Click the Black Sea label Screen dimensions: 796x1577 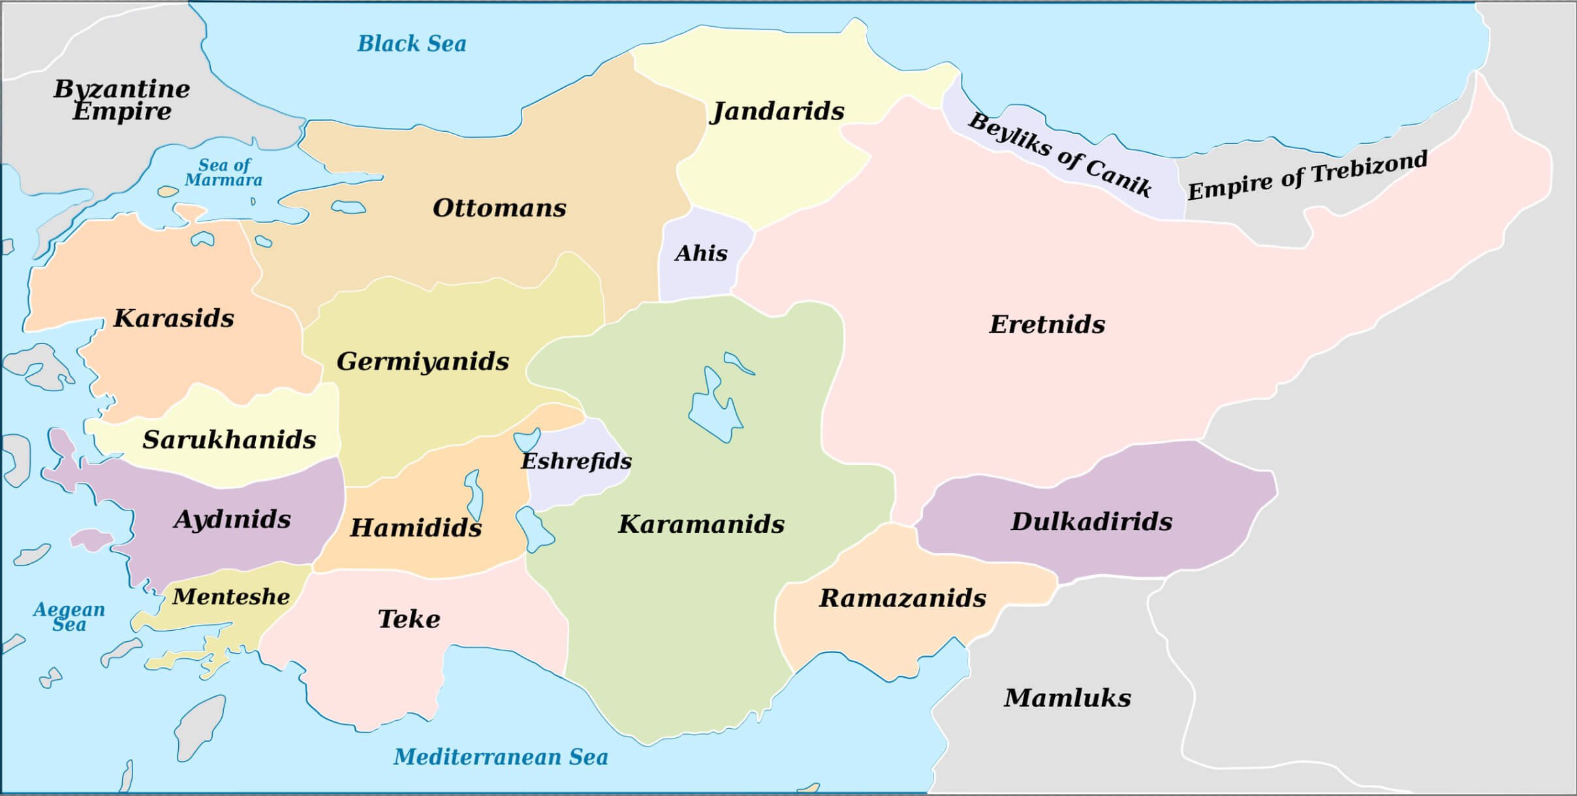tap(412, 44)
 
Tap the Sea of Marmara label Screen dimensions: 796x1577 tap(224, 172)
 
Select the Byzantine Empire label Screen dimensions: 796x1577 tap(122, 99)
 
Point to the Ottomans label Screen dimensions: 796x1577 tap(499, 208)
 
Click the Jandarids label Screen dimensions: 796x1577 tap(777, 112)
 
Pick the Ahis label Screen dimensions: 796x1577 tap(701, 253)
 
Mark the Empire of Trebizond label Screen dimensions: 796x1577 tap(1307, 176)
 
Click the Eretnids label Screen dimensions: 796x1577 tap(1047, 325)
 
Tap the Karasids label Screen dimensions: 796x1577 tap(174, 319)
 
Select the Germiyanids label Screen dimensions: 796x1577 tap(422, 362)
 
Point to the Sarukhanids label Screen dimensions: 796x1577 tap(229, 440)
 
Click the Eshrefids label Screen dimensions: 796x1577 tap(576, 462)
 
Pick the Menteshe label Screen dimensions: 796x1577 tap(231, 597)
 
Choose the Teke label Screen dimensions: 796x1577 tap(409, 619)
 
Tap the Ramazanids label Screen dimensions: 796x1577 tap(902, 598)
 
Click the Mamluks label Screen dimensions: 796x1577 tap(1067, 698)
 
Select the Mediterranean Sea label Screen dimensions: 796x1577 tap(501, 757)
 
